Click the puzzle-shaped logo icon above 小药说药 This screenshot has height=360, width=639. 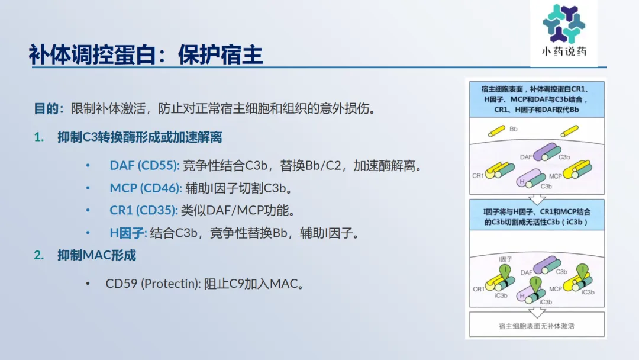point(564,23)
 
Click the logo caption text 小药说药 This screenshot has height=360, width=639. point(564,52)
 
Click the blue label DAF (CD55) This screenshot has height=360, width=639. point(144,166)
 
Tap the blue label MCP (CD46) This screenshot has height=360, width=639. point(146,188)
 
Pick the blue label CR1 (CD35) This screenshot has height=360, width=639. point(143,210)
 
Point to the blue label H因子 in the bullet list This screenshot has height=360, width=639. point(128,233)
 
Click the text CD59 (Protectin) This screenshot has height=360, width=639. point(153,284)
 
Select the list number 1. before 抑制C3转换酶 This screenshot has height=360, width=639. point(38,137)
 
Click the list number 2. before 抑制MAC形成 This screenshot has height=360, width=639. point(38,255)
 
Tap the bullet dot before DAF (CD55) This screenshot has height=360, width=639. point(88,166)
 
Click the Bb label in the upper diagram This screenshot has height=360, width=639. point(514,129)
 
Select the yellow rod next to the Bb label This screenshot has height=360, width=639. point(497,131)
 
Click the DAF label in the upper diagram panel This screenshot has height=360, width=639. point(526,157)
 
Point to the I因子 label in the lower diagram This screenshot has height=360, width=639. point(505,259)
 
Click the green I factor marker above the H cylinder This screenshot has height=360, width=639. point(535,284)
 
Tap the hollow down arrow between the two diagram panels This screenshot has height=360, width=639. point(537,200)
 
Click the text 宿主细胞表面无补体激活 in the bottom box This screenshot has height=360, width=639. point(536,326)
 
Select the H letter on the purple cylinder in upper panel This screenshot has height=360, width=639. point(522,181)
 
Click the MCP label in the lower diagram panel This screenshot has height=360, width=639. point(556,289)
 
